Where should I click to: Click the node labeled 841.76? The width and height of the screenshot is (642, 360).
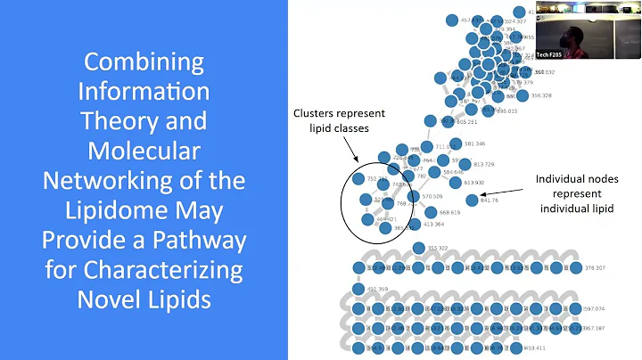click(x=472, y=200)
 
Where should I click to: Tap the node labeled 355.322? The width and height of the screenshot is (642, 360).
click(x=419, y=248)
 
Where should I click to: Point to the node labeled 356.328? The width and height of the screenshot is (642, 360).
click(x=523, y=95)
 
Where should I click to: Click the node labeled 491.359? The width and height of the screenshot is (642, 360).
click(x=358, y=289)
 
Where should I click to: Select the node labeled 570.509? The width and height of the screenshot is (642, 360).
click(x=414, y=196)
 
